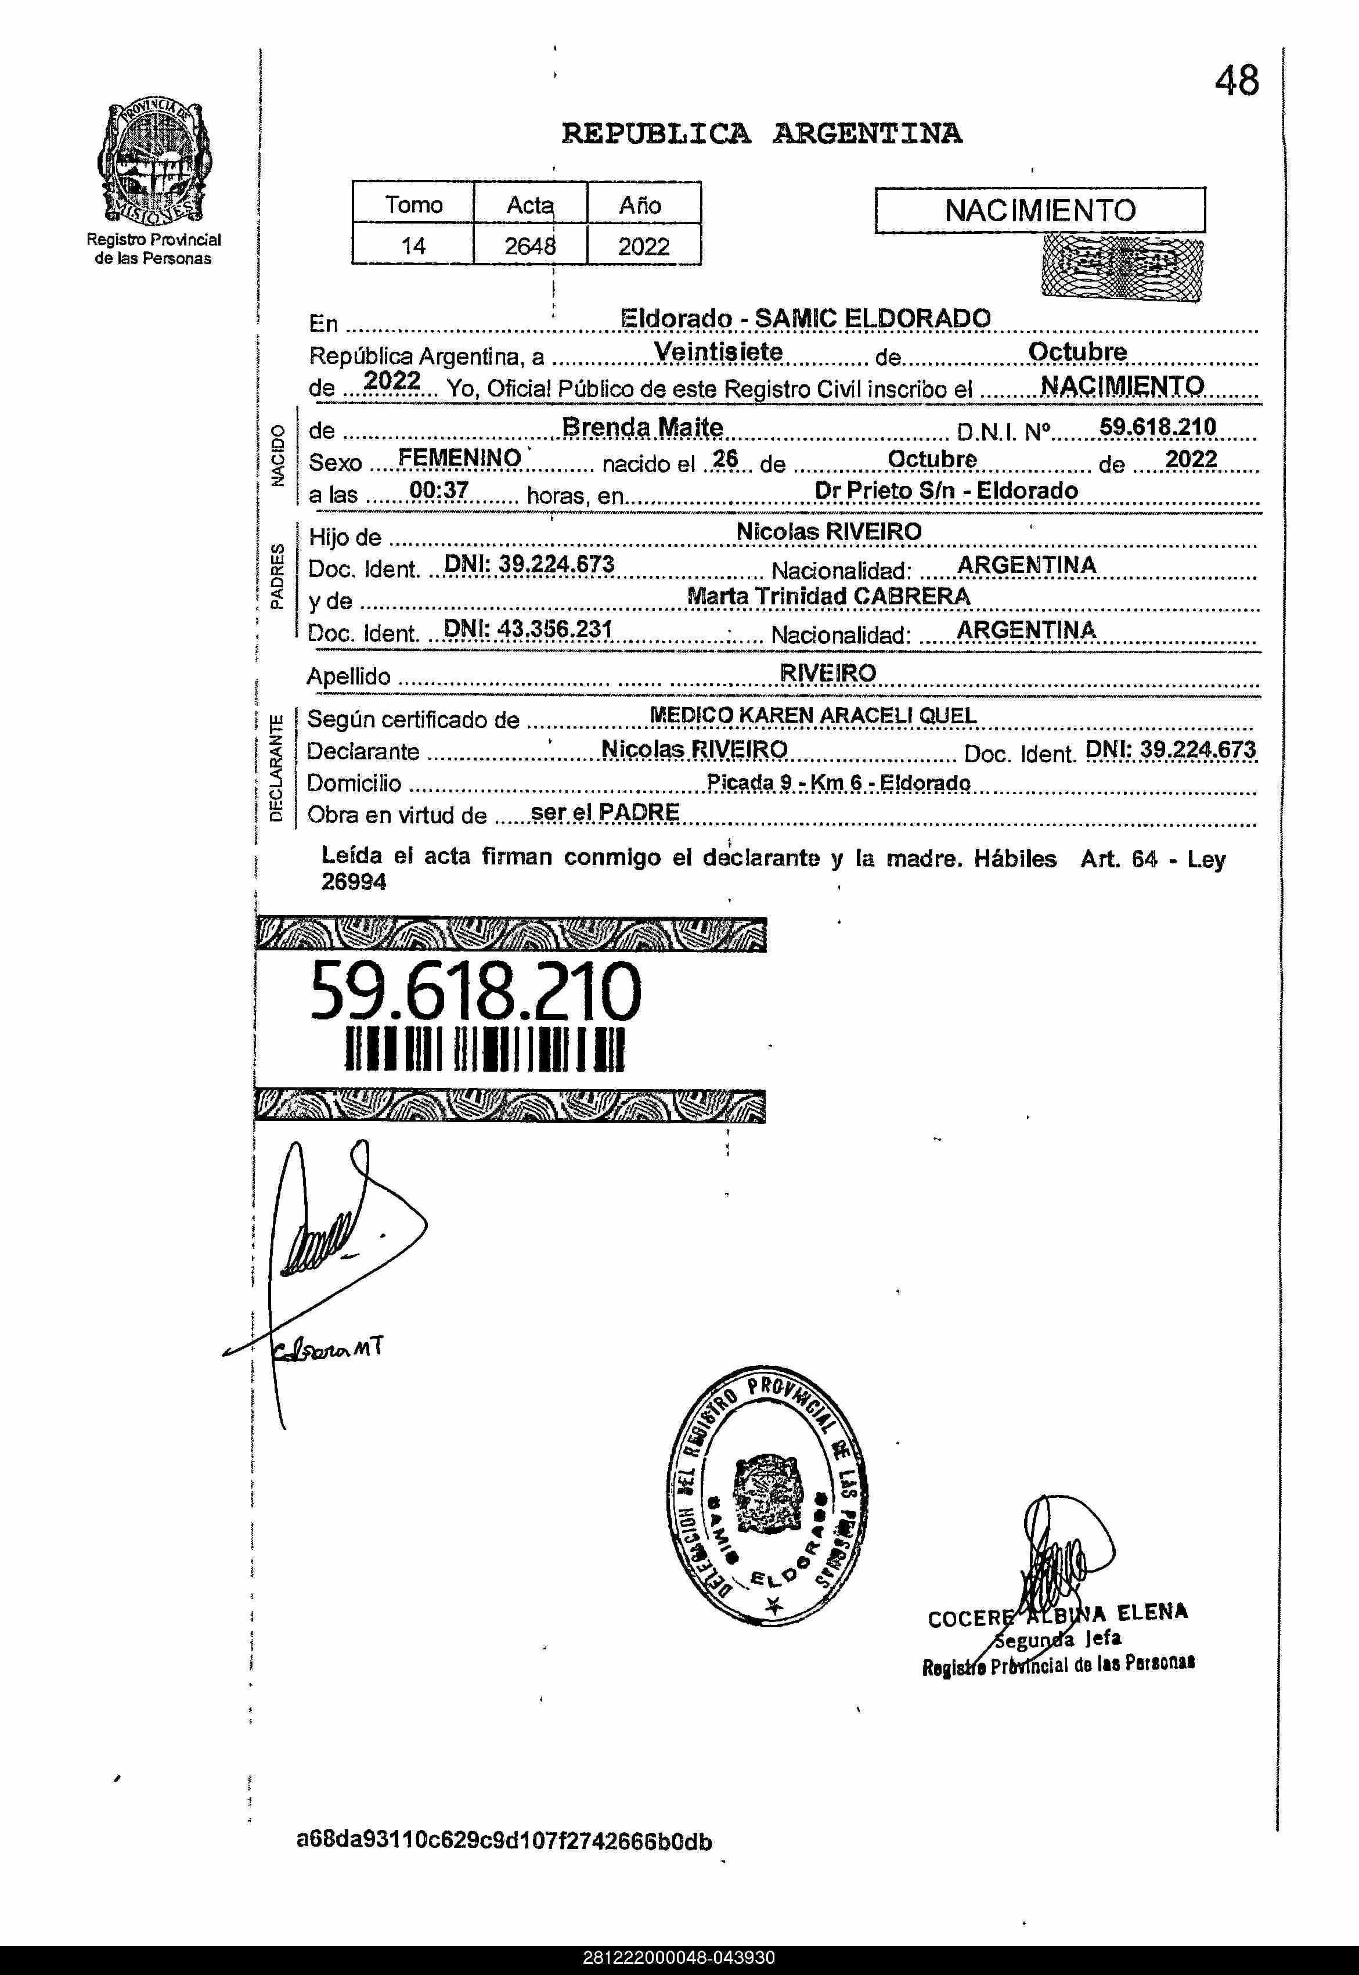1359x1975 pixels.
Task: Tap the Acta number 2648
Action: click(x=529, y=246)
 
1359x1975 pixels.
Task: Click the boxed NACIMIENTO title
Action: click(x=1040, y=210)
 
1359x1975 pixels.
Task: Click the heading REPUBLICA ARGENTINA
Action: click(x=761, y=134)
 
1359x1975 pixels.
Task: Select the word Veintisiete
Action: click(x=718, y=352)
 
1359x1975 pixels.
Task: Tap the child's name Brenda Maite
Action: click(x=642, y=427)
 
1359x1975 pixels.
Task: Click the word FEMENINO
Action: click(x=459, y=458)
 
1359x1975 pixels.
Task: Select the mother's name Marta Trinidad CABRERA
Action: click(x=828, y=596)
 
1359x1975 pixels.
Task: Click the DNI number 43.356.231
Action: click(x=528, y=629)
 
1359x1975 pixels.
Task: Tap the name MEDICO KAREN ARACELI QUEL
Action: click(x=812, y=715)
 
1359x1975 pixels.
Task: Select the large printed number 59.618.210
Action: click(x=475, y=991)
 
